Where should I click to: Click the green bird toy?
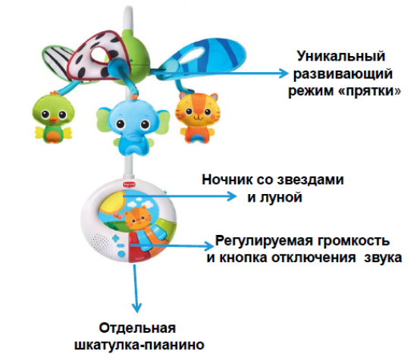(52, 117)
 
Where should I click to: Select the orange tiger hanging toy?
(197, 117)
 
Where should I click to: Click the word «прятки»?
(371, 91)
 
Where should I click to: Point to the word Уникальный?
(341, 57)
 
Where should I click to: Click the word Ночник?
(227, 180)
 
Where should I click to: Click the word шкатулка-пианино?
(140, 345)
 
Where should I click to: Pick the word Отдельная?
(137, 328)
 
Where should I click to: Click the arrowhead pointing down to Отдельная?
(136, 308)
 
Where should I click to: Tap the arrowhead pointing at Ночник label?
(231, 196)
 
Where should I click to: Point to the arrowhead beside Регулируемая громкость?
(209, 246)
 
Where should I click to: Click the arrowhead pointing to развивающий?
(283, 73)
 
